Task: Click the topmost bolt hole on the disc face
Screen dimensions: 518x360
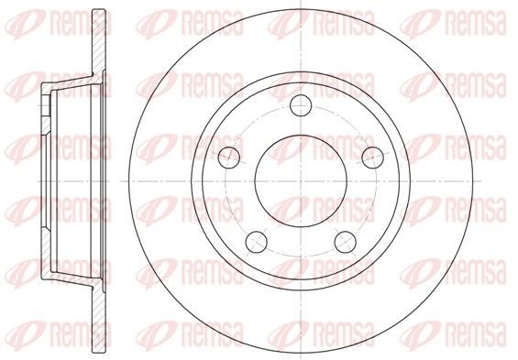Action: (301, 105)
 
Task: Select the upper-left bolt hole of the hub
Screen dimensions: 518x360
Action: (229, 158)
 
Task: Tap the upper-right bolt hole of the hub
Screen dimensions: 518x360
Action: (372, 158)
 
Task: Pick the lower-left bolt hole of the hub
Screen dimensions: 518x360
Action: (257, 242)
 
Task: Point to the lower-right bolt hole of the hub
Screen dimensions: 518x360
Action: (346, 242)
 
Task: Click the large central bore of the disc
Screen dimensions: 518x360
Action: (301, 180)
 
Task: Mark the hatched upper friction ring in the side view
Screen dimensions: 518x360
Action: (99, 43)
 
